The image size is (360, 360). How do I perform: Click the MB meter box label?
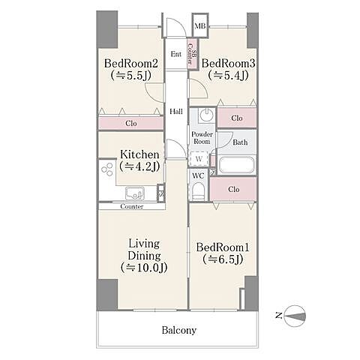[x=200, y=25]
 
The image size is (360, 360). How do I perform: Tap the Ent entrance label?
[x=176, y=54]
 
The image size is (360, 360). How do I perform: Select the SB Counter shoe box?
[x=193, y=54]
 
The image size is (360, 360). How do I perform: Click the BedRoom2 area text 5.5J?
[x=130, y=75]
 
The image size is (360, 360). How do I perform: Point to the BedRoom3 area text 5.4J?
[x=228, y=75]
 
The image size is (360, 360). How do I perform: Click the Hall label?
[x=176, y=112]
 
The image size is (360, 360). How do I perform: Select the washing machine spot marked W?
[x=199, y=159]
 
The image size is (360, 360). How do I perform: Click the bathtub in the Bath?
[x=236, y=165]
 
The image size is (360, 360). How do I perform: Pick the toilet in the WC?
[x=199, y=191]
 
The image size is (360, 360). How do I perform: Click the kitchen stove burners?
[x=106, y=169]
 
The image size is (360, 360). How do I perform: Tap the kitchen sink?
[x=135, y=193]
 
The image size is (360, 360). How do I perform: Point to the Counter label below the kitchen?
[x=132, y=206]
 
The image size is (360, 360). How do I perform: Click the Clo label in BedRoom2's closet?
[x=131, y=123]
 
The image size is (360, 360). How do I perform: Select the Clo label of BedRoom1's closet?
[x=234, y=190]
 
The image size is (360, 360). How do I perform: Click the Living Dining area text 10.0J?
[x=144, y=268]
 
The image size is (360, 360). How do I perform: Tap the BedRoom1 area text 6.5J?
[x=223, y=259]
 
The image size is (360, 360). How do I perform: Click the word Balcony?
[x=179, y=330]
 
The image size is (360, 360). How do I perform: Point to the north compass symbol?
[x=295, y=316]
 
